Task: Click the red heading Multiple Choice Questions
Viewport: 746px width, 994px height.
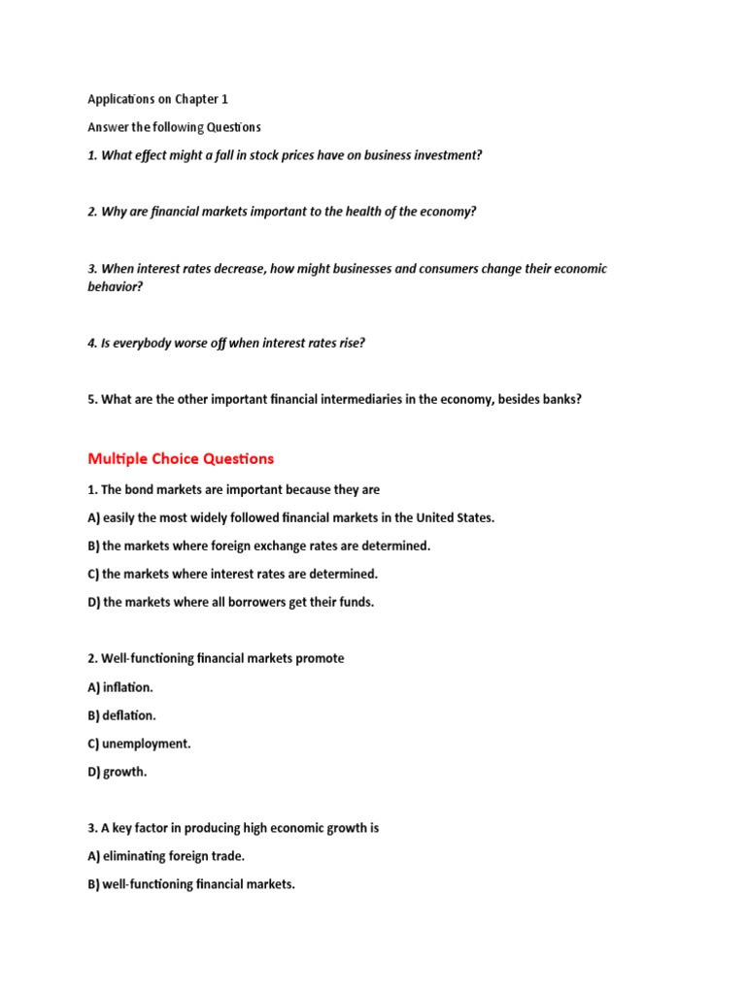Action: click(181, 458)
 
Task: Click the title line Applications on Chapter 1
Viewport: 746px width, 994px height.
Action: click(157, 99)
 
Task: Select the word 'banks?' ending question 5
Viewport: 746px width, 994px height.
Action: click(560, 399)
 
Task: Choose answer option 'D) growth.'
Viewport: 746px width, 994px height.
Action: click(118, 772)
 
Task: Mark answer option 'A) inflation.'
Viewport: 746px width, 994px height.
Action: click(120, 687)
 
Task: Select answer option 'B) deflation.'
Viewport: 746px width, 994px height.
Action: click(122, 715)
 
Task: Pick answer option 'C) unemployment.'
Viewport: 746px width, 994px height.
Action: click(140, 744)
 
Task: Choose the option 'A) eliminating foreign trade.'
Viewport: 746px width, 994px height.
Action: click(167, 856)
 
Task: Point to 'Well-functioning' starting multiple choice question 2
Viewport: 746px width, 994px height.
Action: click(141, 658)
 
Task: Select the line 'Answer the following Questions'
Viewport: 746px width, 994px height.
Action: click(174, 127)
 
